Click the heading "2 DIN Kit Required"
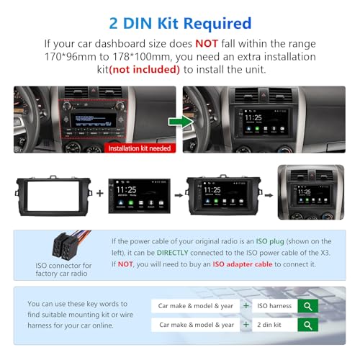pyautogui.click(x=179, y=24)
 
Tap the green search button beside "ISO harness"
pyautogui.click(x=307, y=306)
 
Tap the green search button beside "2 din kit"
pyautogui.click(x=307, y=325)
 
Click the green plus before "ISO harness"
pyautogui.click(x=246, y=306)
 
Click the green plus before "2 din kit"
pyautogui.click(x=246, y=325)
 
